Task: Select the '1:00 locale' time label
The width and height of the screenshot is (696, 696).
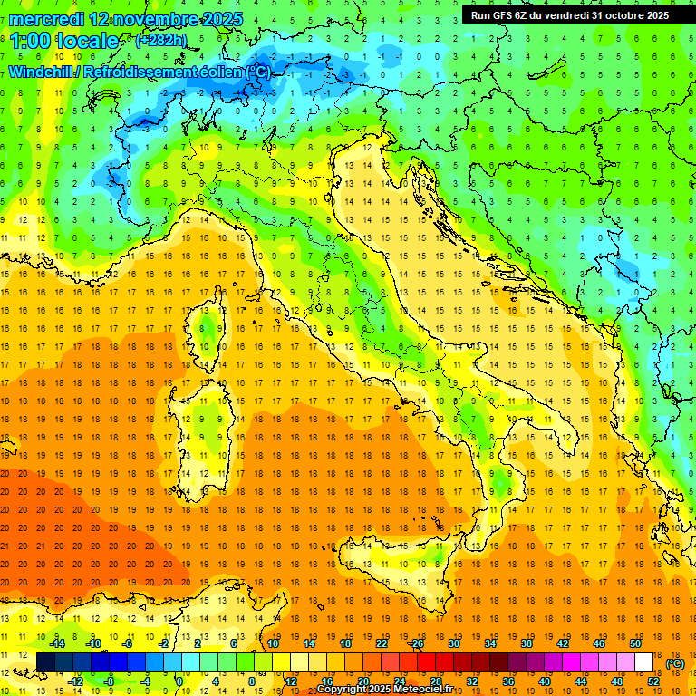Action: tap(63, 41)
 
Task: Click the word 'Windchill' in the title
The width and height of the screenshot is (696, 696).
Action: tap(42, 72)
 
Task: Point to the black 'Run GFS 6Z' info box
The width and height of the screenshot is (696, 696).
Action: tap(570, 14)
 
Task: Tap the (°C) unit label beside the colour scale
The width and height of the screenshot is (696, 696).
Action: tap(675, 663)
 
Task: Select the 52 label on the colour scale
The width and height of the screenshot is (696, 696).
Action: tap(652, 681)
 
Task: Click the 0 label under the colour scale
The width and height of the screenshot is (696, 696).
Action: tap(179, 681)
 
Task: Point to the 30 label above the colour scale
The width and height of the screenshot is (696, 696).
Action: tap(453, 643)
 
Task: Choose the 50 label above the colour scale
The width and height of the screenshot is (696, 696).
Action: tap(634, 643)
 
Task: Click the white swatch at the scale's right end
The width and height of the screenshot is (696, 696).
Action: tap(643, 662)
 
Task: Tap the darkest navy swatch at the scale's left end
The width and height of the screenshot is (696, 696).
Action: tap(45, 662)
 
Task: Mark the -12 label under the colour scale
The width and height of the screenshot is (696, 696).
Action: tap(76, 681)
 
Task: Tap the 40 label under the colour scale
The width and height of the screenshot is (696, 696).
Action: tap(544, 681)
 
